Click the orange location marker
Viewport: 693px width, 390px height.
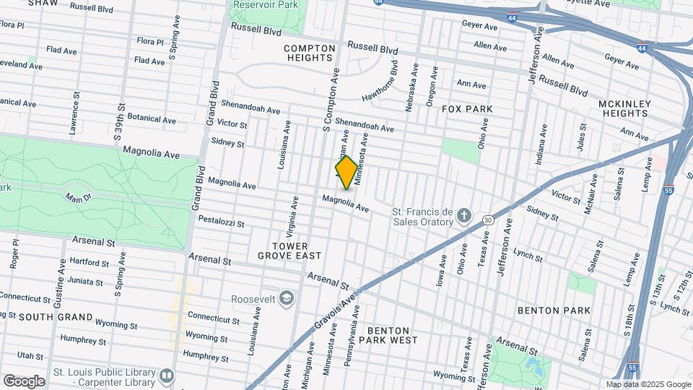coord(346,172)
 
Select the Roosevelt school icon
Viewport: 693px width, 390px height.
coord(287,298)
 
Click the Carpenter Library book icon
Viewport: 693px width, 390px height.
coord(167,376)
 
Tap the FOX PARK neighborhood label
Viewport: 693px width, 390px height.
coord(467,109)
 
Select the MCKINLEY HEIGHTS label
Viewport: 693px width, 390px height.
coord(624,108)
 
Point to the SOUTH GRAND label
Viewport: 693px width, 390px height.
coord(56,317)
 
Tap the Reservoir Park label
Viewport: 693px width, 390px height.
coord(266,4)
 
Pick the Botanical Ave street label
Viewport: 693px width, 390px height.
coord(152,119)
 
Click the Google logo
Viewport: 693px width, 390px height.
coord(24,381)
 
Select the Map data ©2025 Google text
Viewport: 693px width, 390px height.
coord(648,384)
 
